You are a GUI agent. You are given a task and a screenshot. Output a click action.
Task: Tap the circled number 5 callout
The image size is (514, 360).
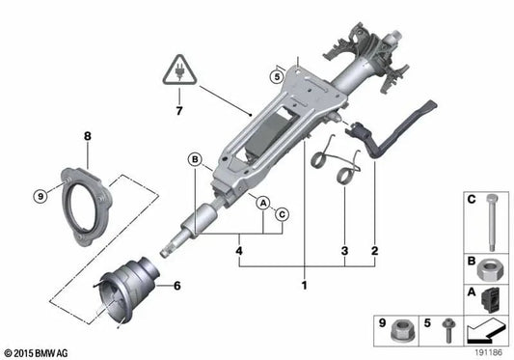(x=276, y=76)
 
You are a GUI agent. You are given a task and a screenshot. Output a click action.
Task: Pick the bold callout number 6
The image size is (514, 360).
(x=176, y=286)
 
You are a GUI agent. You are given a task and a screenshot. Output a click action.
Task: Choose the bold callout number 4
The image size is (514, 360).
(x=238, y=252)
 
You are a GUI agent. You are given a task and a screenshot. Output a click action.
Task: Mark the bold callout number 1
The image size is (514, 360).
(x=304, y=287)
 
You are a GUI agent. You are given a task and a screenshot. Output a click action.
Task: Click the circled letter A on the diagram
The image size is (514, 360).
(x=262, y=201)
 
